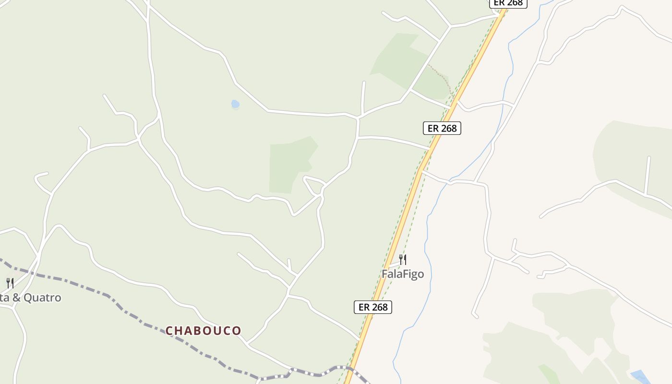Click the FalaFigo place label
tap(403, 274)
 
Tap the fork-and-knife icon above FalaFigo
tap(403, 260)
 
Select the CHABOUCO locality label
tap(203, 331)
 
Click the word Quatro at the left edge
tap(42, 298)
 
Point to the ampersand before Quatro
tap(16, 298)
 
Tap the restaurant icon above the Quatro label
tap(10, 283)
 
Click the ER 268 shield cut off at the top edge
tap(508, 3)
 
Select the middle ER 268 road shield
tap(442, 128)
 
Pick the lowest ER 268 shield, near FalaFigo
tap(373, 307)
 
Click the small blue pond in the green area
tap(235, 104)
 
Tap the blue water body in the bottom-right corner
tap(640, 377)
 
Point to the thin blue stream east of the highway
tap(428, 250)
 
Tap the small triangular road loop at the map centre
tap(313, 185)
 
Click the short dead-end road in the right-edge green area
tap(648, 175)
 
